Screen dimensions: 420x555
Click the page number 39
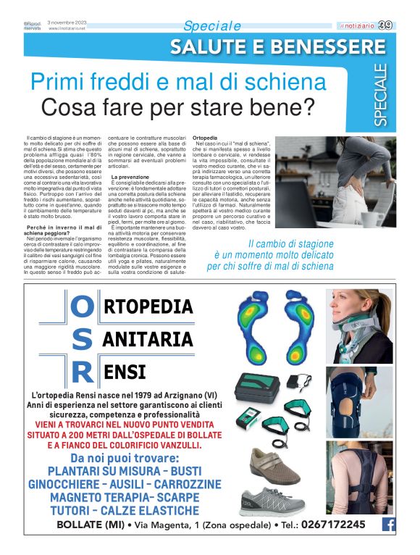[385, 25]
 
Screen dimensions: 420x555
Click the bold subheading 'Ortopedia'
[206, 137]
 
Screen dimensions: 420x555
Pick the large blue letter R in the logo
[83, 372]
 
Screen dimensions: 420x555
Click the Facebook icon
[388, 525]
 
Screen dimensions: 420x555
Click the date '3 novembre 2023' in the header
[67, 22]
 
